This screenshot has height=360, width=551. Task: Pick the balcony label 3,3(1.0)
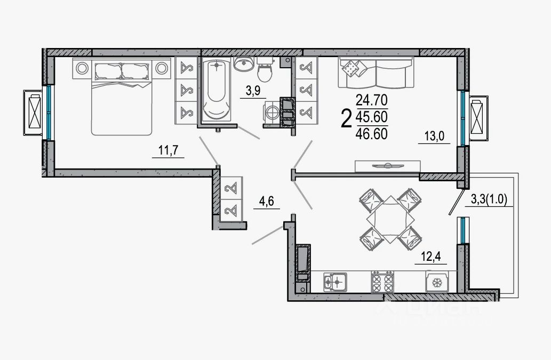pyautogui.click(x=491, y=199)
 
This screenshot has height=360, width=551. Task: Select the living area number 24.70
pyautogui.click(x=372, y=99)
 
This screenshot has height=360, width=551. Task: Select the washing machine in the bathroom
pyautogui.click(x=271, y=113)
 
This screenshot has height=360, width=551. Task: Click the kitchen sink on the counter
pyautogui.click(x=336, y=281)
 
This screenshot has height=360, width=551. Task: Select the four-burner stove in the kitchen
pyautogui.click(x=382, y=281)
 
